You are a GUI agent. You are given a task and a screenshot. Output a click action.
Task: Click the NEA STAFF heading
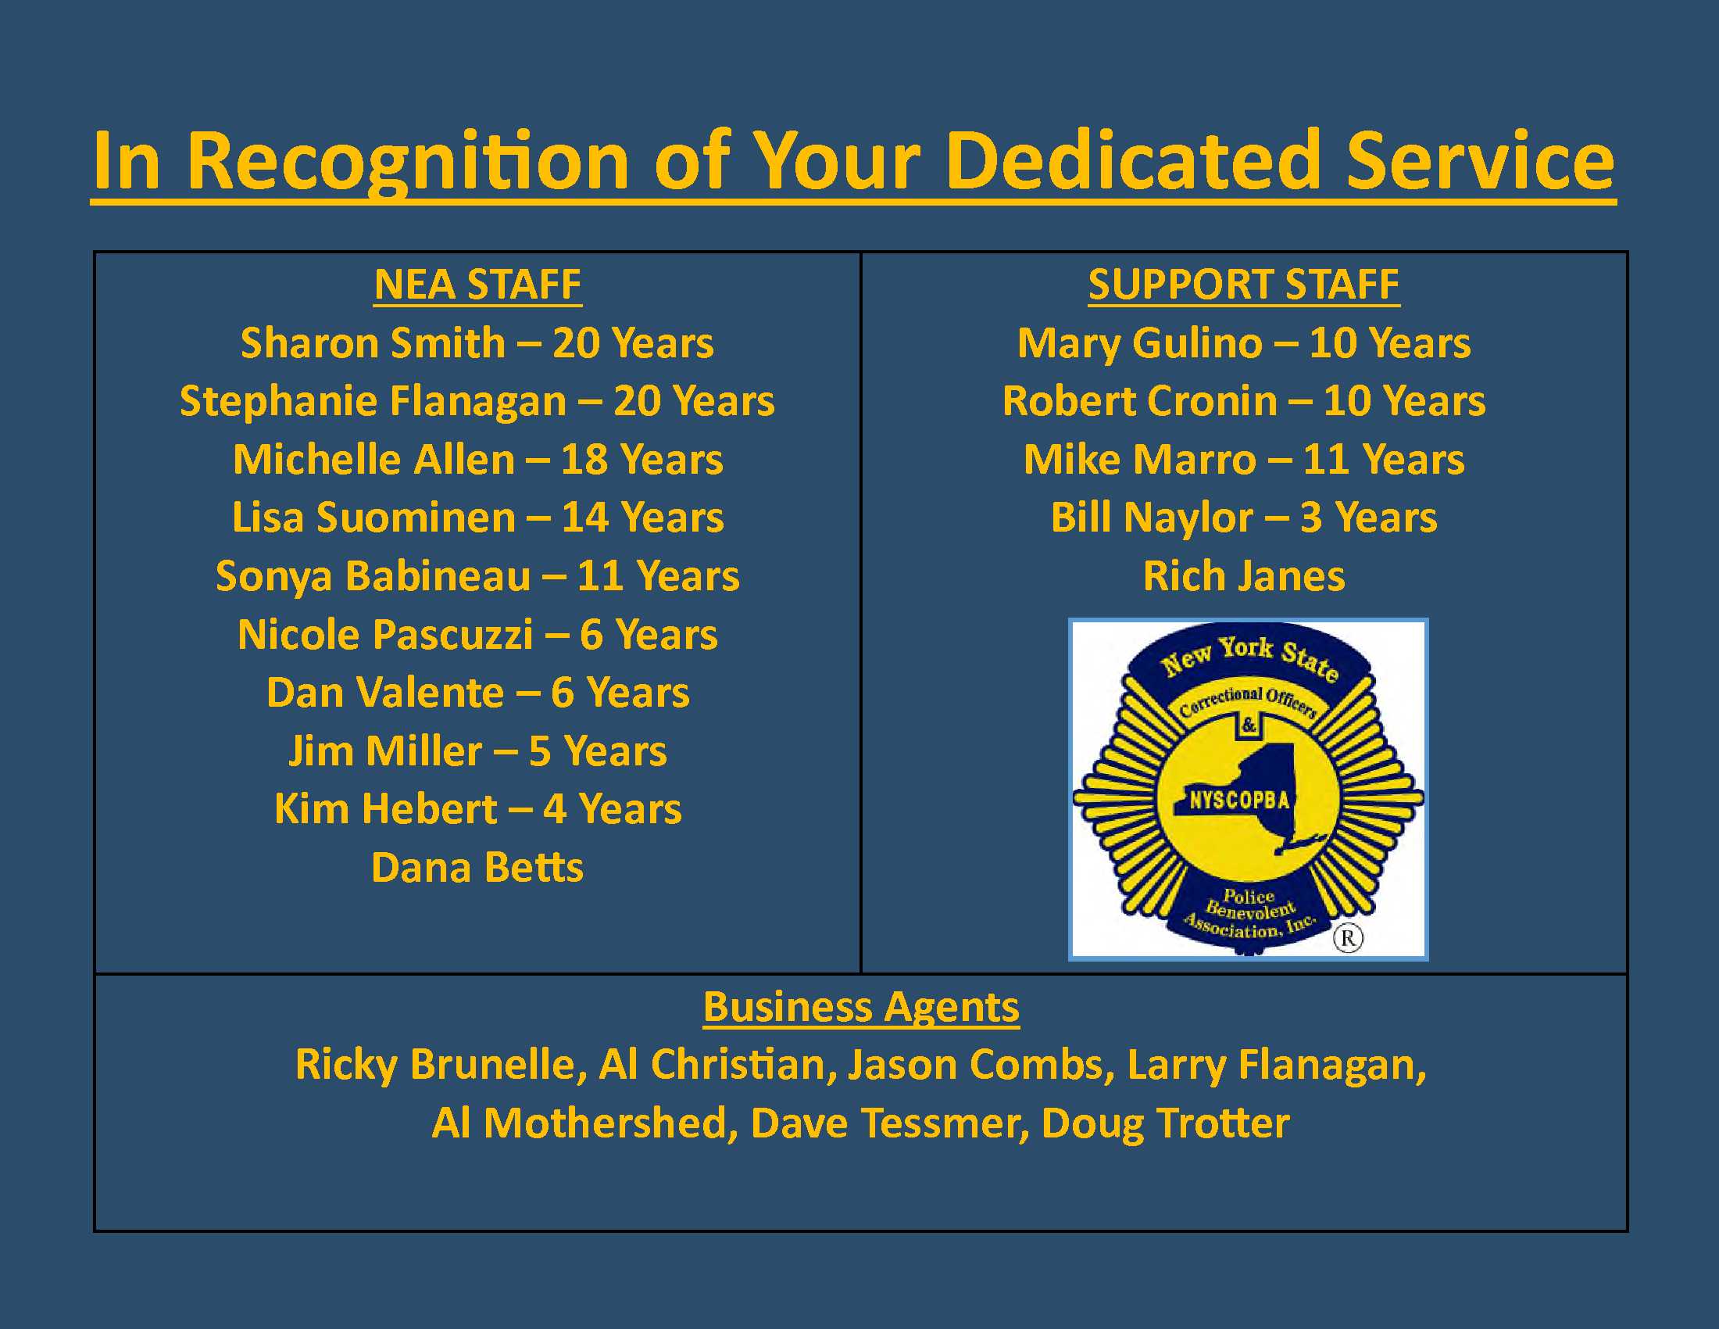coord(477,285)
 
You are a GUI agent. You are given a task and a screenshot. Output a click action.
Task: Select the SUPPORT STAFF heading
coord(1244,285)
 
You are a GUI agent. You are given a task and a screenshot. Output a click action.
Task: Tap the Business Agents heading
coord(861,1007)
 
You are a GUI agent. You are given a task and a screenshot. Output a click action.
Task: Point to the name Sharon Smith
coord(372,342)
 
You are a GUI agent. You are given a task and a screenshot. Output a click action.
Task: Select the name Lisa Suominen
coord(373,518)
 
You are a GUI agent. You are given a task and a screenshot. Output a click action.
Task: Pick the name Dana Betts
coord(477,868)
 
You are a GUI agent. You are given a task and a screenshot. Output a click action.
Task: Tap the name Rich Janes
coord(1244,576)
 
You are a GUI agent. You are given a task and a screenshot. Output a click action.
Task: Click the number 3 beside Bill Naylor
coord(1310,518)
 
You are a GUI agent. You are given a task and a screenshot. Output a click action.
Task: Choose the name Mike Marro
coord(1140,460)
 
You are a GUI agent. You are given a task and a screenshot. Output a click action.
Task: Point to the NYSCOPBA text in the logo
coord(1239,801)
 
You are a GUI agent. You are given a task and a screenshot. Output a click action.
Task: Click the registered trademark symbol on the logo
coord(1348,937)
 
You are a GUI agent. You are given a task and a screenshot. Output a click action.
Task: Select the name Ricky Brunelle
coord(441,1066)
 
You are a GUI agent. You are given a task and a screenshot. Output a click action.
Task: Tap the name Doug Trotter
coord(1165,1123)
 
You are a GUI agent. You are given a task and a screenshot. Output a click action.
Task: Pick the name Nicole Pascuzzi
coord(385,635)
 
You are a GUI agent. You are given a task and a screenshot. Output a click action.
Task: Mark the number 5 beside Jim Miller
coord(539,752)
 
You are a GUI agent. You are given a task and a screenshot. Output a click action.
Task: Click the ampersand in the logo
coord(1249,725)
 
